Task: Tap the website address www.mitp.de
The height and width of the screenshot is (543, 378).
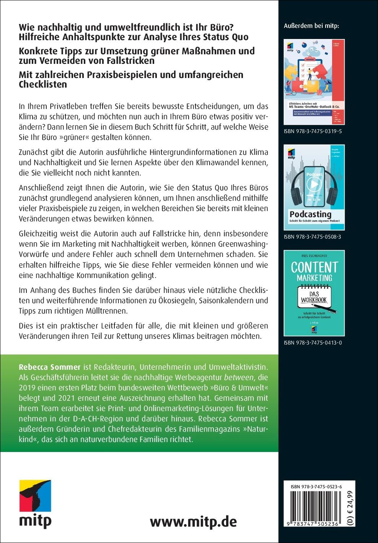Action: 193,522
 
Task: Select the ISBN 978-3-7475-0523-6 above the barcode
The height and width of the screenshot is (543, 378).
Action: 316,487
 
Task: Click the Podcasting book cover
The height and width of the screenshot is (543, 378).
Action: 314,187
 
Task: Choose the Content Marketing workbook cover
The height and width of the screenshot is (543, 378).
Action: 314,293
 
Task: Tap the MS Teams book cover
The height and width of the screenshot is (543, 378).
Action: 314,82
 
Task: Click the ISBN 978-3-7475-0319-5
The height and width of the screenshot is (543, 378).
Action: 313,131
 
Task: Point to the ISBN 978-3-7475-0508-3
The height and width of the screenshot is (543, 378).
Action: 313,237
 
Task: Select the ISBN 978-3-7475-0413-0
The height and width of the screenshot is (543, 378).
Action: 313,343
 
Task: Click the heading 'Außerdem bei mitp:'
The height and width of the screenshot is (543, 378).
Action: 311,26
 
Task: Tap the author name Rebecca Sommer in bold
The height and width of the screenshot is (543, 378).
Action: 50,367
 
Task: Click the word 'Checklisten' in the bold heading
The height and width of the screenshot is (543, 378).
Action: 43,85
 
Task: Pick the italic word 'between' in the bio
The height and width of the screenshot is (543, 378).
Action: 239,377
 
